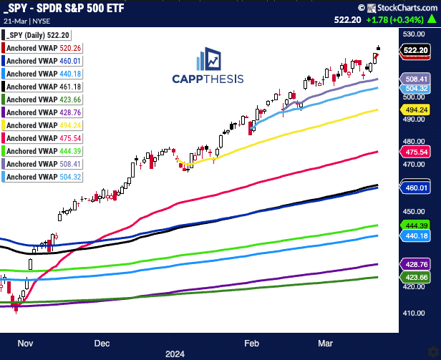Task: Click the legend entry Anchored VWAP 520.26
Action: pos(42,47)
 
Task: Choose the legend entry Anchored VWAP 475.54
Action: pos(42,138)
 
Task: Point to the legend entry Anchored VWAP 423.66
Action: pos(42,99)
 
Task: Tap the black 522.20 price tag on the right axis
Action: pos(416,50)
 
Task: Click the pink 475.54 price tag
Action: pos(416,152)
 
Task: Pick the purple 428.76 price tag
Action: pos(416,263)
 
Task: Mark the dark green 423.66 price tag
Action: pos(416,277)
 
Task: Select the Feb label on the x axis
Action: pos(252,342)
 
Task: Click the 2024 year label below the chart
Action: pos(175,353)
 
